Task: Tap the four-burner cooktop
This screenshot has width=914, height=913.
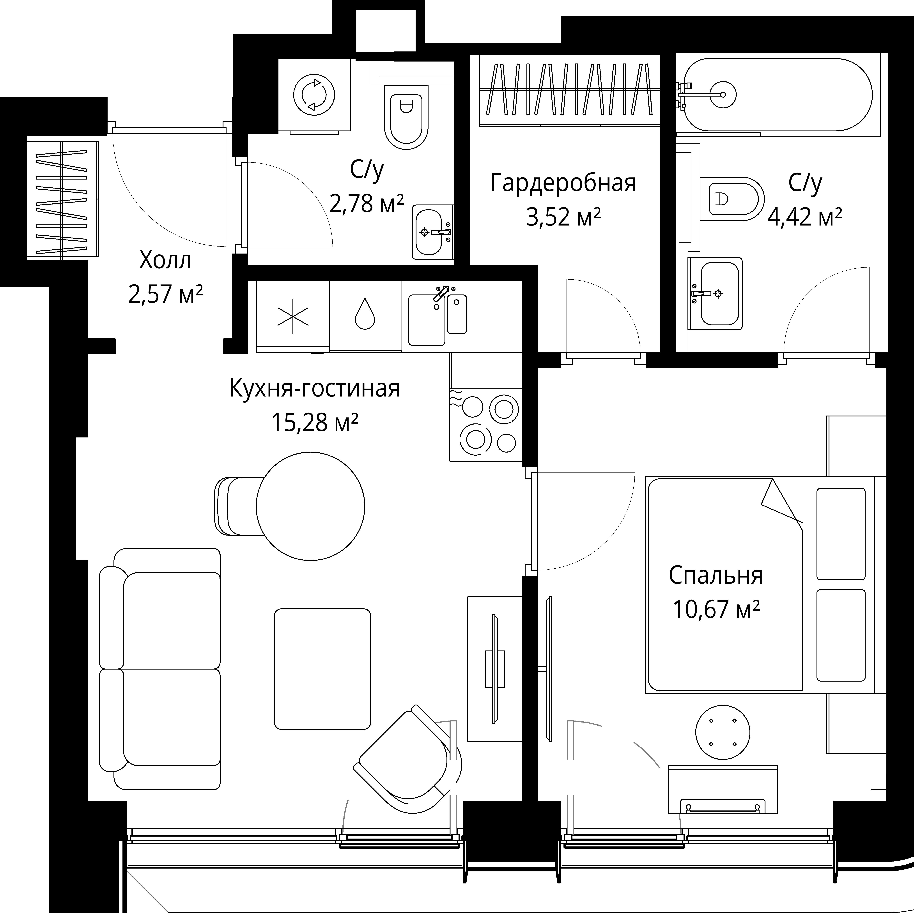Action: point(486,425)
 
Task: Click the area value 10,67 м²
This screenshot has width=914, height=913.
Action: point(716,609)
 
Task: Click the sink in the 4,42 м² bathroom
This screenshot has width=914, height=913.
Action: point(715,294)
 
